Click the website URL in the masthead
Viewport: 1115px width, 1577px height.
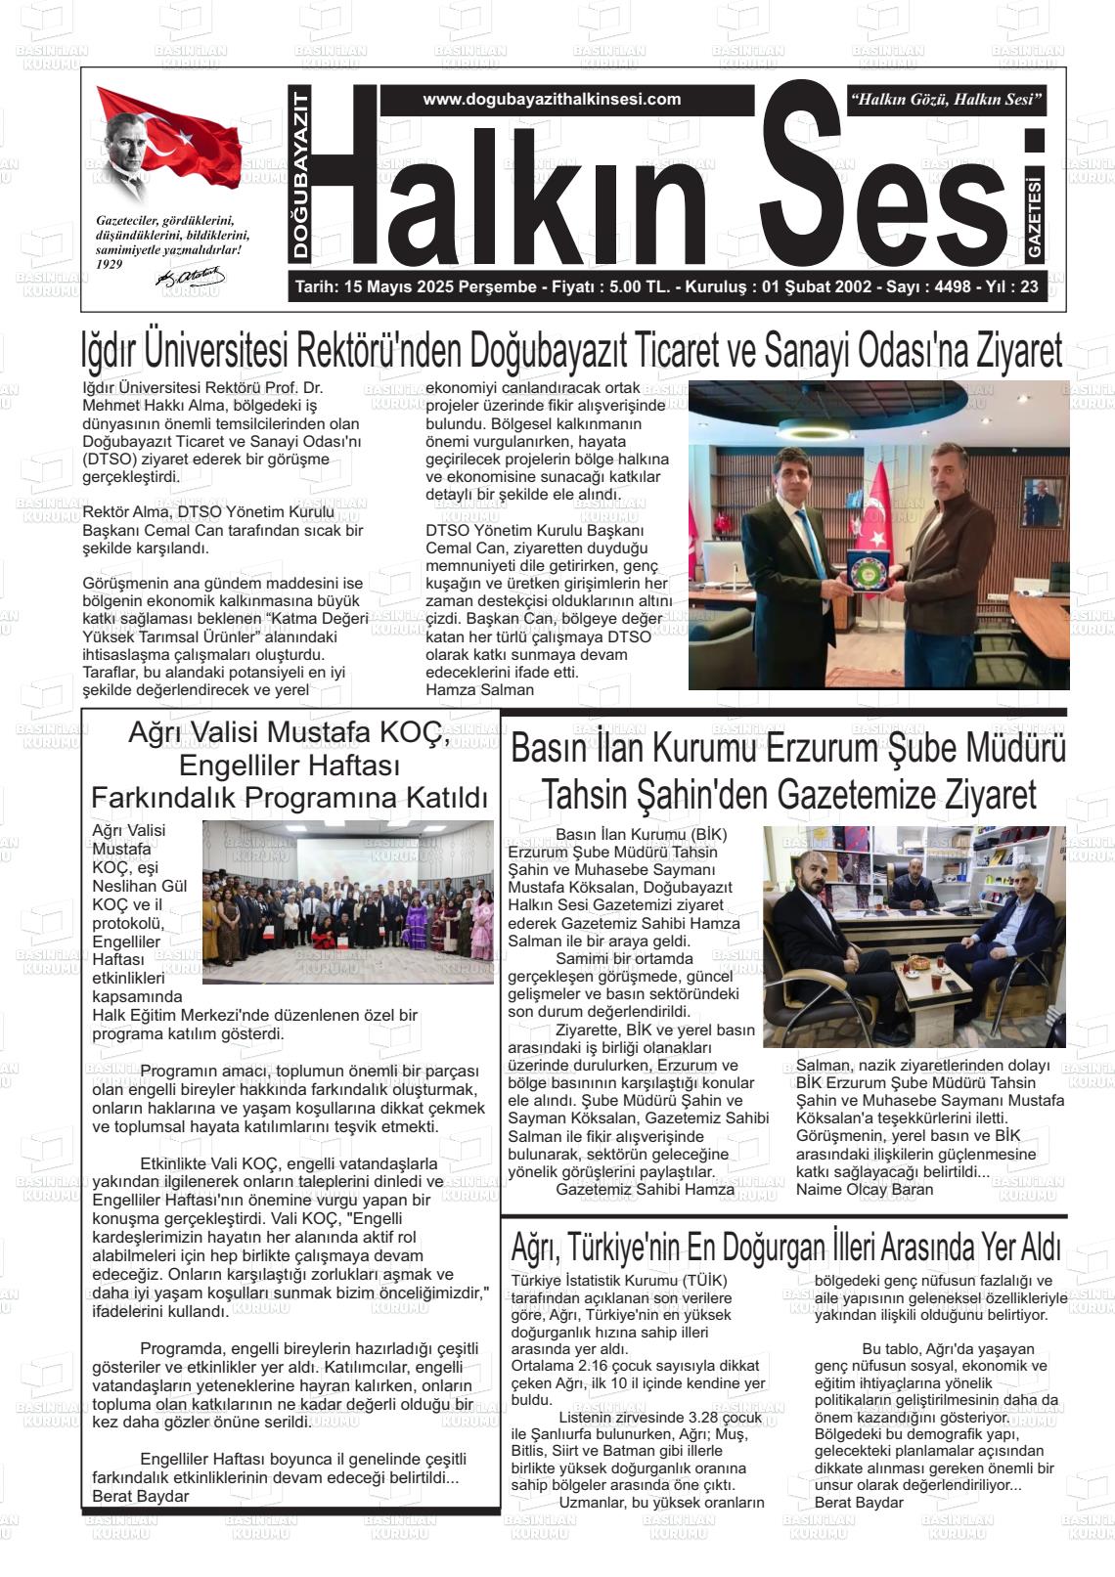pos(552,99)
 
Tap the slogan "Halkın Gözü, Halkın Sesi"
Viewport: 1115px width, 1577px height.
pos(947,99)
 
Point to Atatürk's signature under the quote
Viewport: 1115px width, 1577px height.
pos(191,278)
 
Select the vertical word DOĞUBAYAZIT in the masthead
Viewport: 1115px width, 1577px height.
pos(301,176)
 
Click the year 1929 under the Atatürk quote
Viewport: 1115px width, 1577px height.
pos(110,264)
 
